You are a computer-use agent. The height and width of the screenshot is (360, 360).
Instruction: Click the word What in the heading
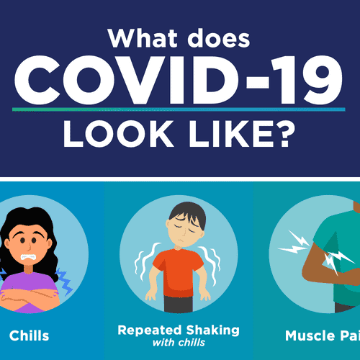[143, 38]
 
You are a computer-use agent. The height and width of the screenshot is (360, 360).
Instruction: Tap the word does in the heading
[219, 38]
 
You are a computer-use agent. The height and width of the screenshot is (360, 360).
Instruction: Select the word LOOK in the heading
[117, 133]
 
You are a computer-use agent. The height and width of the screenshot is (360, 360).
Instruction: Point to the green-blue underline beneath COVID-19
[179, 109]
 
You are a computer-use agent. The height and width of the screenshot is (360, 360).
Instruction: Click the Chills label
[29, 336]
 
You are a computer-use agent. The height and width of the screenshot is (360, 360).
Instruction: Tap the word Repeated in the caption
[149, 330]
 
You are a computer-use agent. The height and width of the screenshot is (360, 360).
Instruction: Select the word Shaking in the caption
[213, 330]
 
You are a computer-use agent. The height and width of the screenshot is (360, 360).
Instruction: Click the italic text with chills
[179, 343]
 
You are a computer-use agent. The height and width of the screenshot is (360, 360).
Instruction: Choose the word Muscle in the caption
[310, 336]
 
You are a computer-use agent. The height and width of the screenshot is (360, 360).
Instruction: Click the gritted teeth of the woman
[28, 257]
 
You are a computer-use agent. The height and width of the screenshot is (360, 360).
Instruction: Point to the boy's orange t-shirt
[178, 272]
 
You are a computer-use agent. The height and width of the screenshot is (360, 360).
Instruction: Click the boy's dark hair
[188, 212]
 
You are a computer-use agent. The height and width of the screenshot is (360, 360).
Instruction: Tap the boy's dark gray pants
[179, 304]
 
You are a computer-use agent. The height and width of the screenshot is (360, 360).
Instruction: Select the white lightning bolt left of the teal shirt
[294, 243]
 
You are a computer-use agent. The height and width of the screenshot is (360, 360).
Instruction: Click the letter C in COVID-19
[37, 80]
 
